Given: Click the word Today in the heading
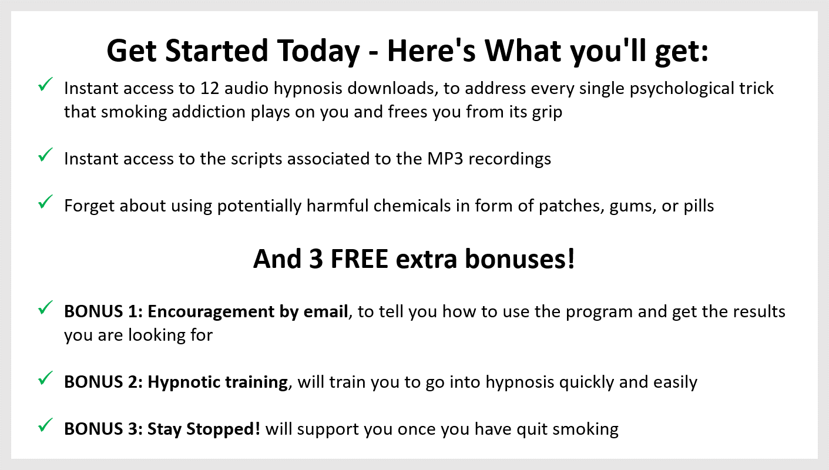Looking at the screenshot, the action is pyautogui.click(x=318, y=52).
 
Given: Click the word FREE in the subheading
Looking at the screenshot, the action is pyautogui.click(x=359, y=259).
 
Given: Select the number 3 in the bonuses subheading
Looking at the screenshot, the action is pyautogui.click(x=316, y=259).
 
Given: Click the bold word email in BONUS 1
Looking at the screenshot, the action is pyautogui.click(x=325, y=311).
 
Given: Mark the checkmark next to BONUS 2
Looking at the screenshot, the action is pyautogui.click(x=45, y=378).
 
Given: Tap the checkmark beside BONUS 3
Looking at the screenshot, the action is pyautogui.click(x=45, y=425).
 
